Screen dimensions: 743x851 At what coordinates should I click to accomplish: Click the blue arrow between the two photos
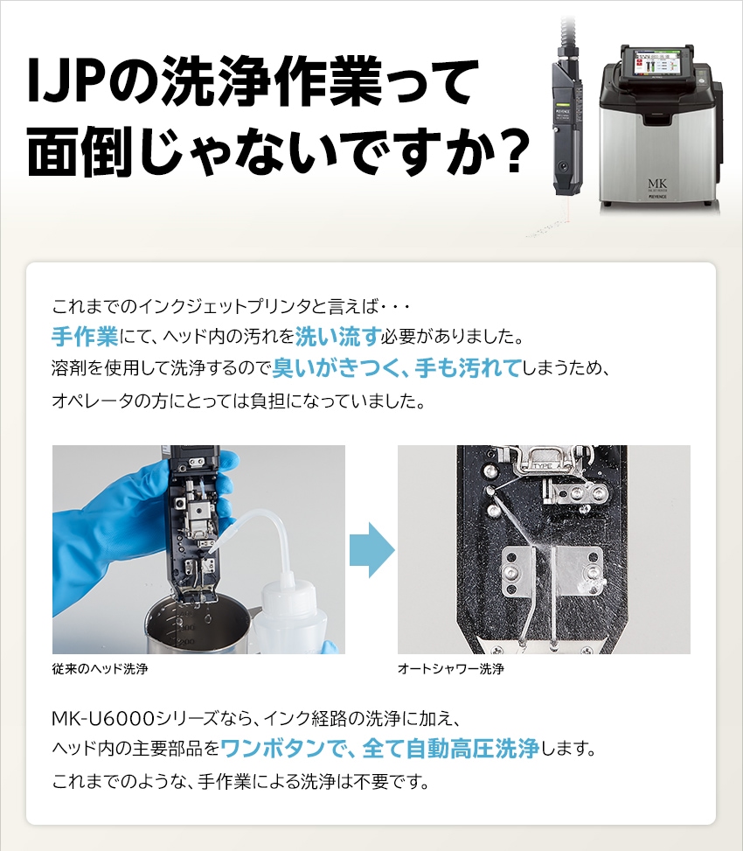(372, 550)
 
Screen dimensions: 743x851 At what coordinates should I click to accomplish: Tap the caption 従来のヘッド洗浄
(101, 668)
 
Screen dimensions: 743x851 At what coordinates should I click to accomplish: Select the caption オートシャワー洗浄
(451, 668)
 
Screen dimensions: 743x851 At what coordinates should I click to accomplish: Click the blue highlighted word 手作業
(85, 337)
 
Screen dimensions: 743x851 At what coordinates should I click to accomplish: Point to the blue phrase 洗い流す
(338, 337)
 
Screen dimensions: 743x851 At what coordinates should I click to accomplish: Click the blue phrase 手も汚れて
(469, 368)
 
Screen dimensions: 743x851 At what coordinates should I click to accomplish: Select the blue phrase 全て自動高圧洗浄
(451, 749)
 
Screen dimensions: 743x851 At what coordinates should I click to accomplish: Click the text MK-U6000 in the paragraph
(103, 719)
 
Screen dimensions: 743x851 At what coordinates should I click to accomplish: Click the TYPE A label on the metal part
(542, 466)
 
